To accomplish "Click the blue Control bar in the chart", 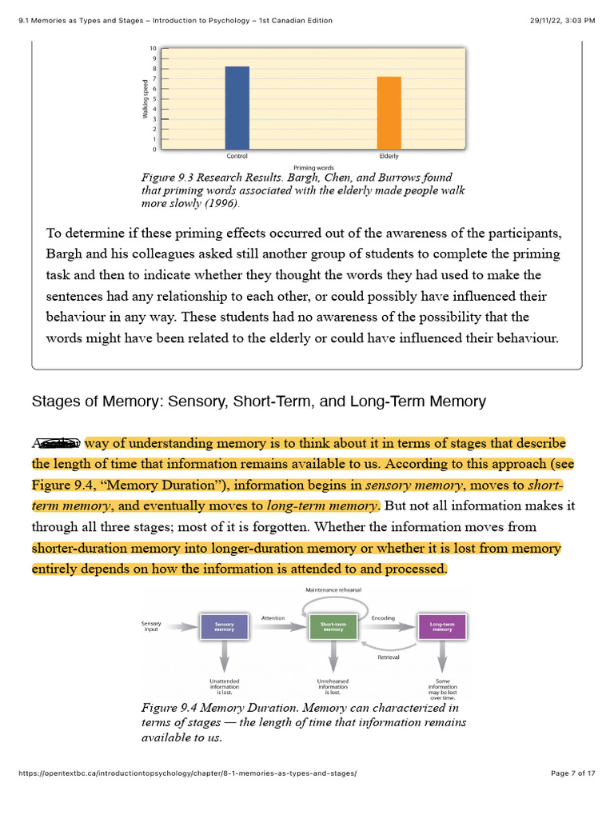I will click(x=237, y=108).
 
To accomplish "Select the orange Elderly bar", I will click(x=389, y=113).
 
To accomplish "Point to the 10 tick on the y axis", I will click(x=153, y=49).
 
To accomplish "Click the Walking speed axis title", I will click(x=145, y=99).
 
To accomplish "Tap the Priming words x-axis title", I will click(x=313, y=167).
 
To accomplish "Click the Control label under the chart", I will click(x=237, y=156).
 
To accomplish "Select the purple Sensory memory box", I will click(x=224, y=626).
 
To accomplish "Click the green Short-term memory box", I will click(x=333, y=626).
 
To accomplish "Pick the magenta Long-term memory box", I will click(x=442, y=626).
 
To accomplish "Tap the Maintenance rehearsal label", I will click(x=333, y=589).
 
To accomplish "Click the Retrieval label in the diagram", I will click(x=388, y=657).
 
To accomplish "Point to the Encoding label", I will click(x=383, y=617).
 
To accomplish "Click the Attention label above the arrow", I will click(x=273, y=617).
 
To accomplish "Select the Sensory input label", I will click(x=151, y=625).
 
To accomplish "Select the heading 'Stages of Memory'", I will click(x=258, y=402).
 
